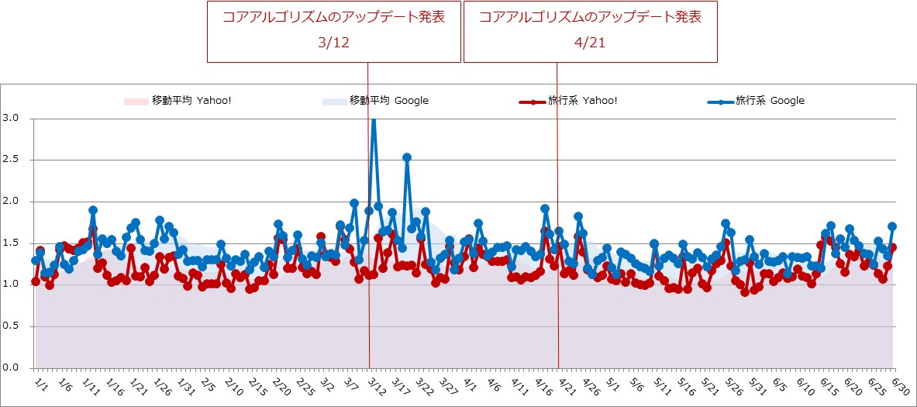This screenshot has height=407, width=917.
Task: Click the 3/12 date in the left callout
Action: click(333, 43)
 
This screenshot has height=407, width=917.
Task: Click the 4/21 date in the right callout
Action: click(590, 43)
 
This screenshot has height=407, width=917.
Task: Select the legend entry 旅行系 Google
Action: click(769, 101)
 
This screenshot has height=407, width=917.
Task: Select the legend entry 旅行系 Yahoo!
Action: click(582, 101)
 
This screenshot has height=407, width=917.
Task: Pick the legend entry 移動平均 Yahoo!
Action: click(189, 101)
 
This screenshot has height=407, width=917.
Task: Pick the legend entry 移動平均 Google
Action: click(388, 101)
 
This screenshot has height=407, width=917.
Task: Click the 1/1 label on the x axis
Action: click(41, 383)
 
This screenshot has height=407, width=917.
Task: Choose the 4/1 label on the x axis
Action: click(470, 383)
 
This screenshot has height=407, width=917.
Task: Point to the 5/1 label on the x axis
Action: click(612, 383)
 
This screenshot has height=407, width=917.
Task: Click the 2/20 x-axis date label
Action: click(281, 385)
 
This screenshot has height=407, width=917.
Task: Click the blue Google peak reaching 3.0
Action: click(374, 120)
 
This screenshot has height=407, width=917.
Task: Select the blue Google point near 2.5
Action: click(407, 157)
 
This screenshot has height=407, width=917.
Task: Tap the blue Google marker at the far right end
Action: click(892, 226)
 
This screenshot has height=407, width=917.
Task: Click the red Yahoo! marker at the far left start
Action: click(36, 281)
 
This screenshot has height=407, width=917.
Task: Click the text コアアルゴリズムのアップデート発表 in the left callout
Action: click(333, 17)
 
